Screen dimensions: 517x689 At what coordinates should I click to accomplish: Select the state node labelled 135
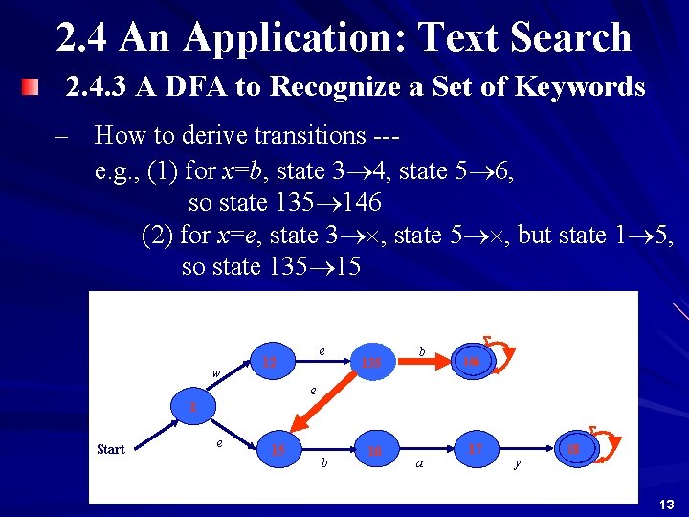[x=371, y=362]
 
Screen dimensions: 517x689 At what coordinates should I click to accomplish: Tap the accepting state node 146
[x=471, y=362]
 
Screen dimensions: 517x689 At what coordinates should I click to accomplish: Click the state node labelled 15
[x=279, y=450]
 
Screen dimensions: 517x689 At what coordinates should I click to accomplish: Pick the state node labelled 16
[x=375, y=450]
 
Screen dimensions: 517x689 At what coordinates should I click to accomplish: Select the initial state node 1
[x=192, y=407]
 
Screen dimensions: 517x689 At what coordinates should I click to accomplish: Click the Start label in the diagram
[x=111, y=450]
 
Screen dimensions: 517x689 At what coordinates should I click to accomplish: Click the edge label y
[x=518, y=463]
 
